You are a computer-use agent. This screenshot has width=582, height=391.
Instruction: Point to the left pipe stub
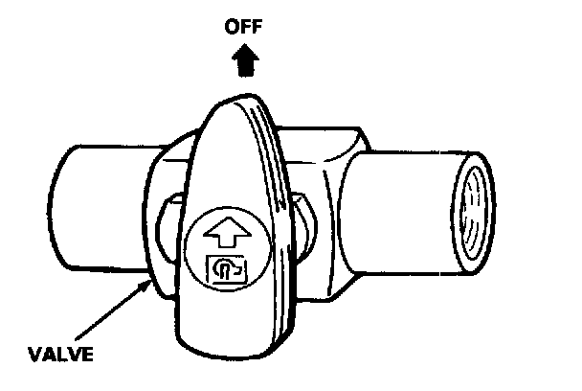coord(91,206)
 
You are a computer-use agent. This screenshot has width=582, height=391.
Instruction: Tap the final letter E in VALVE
coord(89,355)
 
